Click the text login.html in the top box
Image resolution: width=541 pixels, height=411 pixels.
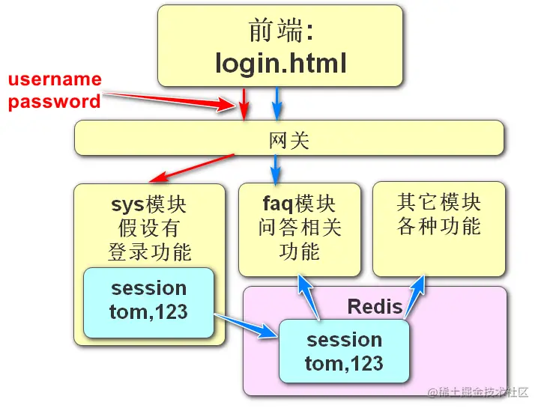click(281, 63)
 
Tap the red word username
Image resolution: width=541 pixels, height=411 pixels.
click(55, 79)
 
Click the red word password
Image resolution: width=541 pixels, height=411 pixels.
click(55, 102)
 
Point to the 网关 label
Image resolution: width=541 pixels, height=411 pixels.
click(288, 140)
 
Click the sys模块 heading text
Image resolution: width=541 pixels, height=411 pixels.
click(149, 204)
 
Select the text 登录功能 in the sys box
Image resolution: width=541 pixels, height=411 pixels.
click(149, 252)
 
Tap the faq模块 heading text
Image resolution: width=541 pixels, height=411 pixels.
click(299, 204)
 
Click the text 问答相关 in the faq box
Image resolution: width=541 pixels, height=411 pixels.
click(299, 227)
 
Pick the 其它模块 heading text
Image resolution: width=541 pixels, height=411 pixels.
click(438, 202)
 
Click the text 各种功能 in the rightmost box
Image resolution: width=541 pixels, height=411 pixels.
click(438, 225)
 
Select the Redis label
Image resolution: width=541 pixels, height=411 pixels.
click(375, 306)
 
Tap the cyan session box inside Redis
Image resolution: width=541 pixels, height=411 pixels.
click(344, 351)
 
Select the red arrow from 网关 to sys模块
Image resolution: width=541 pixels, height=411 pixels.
click(192, 168)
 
